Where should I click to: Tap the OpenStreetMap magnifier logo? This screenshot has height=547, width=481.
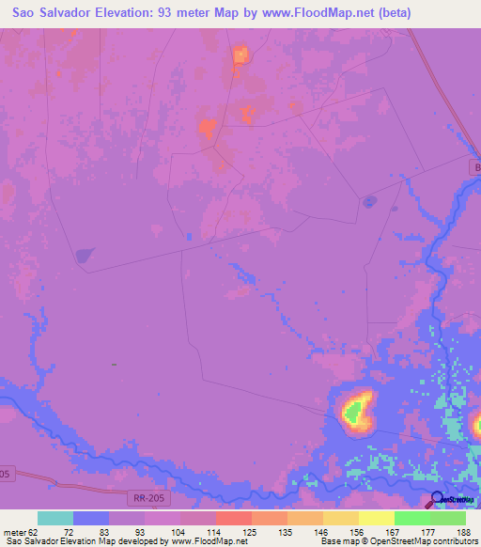point(437,499)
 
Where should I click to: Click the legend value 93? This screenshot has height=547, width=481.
point(139,531)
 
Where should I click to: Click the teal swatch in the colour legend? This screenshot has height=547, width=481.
point(55,518)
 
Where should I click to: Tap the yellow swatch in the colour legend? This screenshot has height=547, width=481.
point(376,518)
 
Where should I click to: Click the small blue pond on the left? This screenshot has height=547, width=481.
point(85,254)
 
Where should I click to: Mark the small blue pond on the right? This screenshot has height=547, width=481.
point(369,200)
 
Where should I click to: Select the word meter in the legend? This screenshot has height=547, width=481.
point(15,531)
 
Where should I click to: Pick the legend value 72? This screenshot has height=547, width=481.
point(67,531)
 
